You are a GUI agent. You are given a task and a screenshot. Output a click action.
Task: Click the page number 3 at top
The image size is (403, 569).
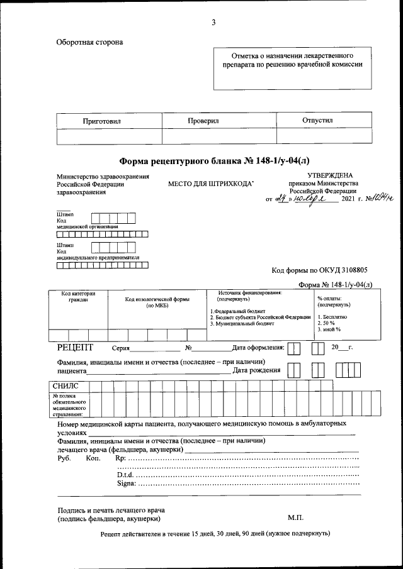213,23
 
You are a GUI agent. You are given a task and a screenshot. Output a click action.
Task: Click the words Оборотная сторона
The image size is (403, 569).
90,42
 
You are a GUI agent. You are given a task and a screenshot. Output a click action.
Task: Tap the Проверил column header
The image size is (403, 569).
203,120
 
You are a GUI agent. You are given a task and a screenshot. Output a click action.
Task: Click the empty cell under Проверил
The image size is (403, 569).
219,136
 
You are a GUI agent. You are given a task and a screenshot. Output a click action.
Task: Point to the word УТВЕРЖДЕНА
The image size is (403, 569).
330,175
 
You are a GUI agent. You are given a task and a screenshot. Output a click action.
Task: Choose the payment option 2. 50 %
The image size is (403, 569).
326,323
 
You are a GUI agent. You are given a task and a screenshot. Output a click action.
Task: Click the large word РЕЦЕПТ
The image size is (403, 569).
75,347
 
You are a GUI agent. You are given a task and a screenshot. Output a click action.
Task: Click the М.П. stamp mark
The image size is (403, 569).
295,518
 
